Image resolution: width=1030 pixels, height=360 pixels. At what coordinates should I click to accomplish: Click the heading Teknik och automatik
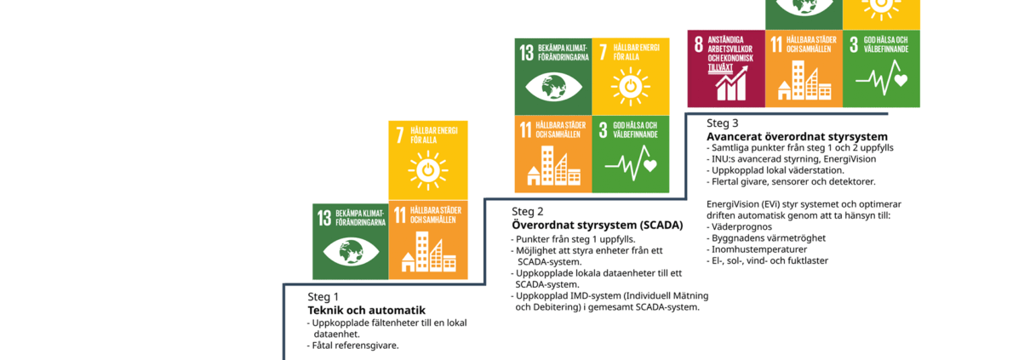tap(367, 311)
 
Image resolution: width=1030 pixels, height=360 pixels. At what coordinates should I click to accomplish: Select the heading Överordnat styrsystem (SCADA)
tap(598, 226)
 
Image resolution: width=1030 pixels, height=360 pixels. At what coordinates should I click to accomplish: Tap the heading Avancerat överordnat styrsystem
tap(797, 136)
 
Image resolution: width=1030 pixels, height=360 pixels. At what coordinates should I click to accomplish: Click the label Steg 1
tap(323, 297)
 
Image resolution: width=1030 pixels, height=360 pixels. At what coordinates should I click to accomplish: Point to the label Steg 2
tap(528, 212)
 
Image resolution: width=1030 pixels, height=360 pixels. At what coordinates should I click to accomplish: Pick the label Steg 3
tap(723, 123)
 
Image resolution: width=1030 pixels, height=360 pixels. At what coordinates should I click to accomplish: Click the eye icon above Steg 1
tap(351, 252)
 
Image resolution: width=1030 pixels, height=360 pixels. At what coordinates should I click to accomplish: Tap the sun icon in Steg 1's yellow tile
tap(427, 170)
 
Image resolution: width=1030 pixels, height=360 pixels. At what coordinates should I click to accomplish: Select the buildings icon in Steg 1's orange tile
tap(428, 252)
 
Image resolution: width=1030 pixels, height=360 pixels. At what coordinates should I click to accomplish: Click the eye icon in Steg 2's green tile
tap(553, 87)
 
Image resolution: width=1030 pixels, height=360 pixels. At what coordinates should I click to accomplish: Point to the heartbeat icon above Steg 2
tap(631, 163)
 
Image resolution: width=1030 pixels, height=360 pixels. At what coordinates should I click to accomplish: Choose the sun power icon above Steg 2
tap(631, 87)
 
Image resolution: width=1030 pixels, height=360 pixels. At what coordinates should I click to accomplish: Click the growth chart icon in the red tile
tap(731, 83)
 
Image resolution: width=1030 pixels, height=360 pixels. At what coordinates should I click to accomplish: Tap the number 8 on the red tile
tap(699, 44)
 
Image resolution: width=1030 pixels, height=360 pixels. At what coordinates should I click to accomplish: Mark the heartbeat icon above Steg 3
tap(882, 77)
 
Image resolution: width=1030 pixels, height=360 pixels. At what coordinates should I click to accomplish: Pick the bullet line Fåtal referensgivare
tap(352, 346)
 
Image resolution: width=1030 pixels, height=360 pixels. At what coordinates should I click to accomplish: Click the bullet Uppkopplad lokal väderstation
tap(775, 170)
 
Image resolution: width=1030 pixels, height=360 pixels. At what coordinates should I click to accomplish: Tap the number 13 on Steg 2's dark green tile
tap(527, 53)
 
